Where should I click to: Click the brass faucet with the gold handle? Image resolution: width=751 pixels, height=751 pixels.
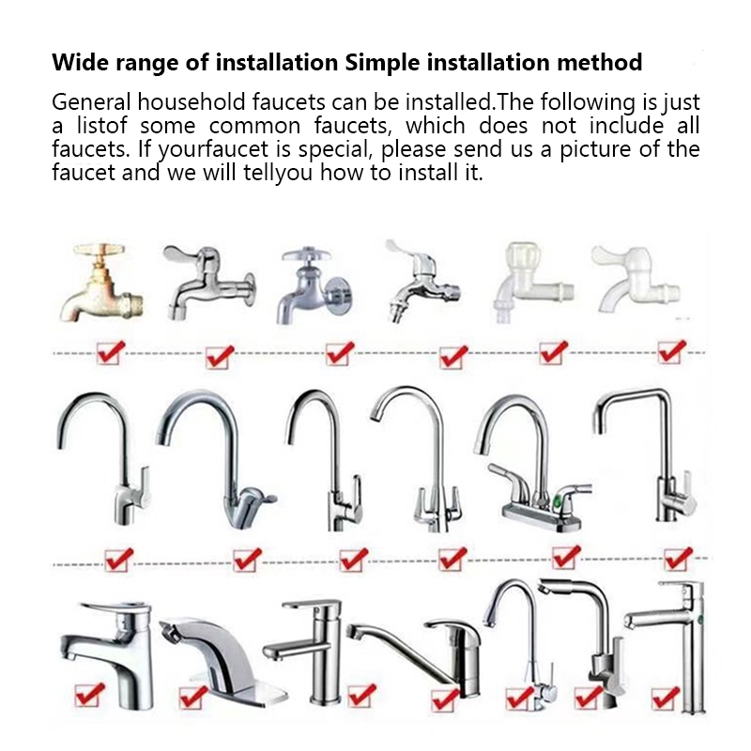pos(101,283)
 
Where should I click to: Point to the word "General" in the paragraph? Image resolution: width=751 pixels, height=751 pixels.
pos(91,102)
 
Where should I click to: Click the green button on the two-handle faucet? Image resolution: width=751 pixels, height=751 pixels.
pos(558,502)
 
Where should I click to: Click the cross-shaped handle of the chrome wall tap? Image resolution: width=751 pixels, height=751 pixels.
pos(307,255)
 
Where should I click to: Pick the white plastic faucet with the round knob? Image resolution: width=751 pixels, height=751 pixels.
pos(531,283)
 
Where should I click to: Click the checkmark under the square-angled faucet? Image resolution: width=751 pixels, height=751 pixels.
pos(678,559)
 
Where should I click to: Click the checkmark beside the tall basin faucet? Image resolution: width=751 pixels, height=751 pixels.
pos(666,698)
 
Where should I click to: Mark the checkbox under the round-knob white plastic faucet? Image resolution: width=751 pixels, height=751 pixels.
pos(553,353)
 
